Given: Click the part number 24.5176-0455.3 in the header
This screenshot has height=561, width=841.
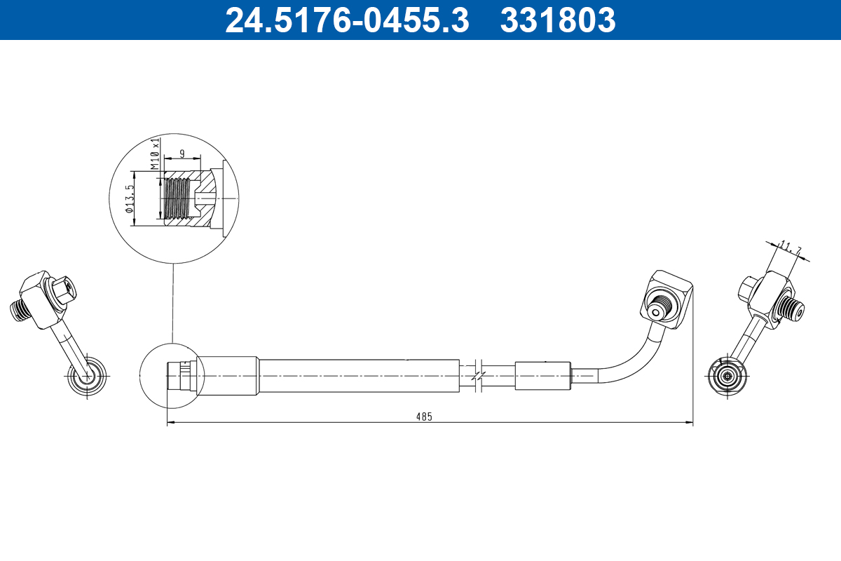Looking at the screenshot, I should coord(346,20).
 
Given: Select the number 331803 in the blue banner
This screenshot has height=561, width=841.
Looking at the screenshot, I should coord(558,20).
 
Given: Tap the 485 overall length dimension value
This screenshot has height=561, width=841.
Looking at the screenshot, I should coord(424,416).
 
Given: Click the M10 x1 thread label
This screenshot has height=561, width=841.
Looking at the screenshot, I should coord(155,154).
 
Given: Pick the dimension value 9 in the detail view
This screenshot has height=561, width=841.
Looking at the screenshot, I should coord(182,153).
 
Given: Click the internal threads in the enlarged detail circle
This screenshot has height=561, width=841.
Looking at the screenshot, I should coord(177,198).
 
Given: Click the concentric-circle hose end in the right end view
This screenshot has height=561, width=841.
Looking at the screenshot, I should coord(727,375).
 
